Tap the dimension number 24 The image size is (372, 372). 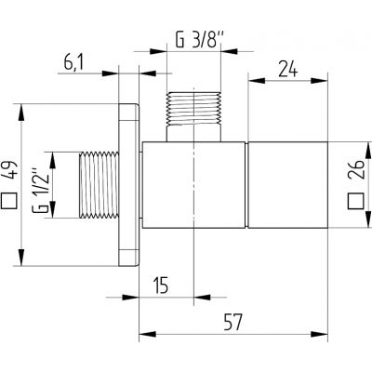(287, 67)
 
